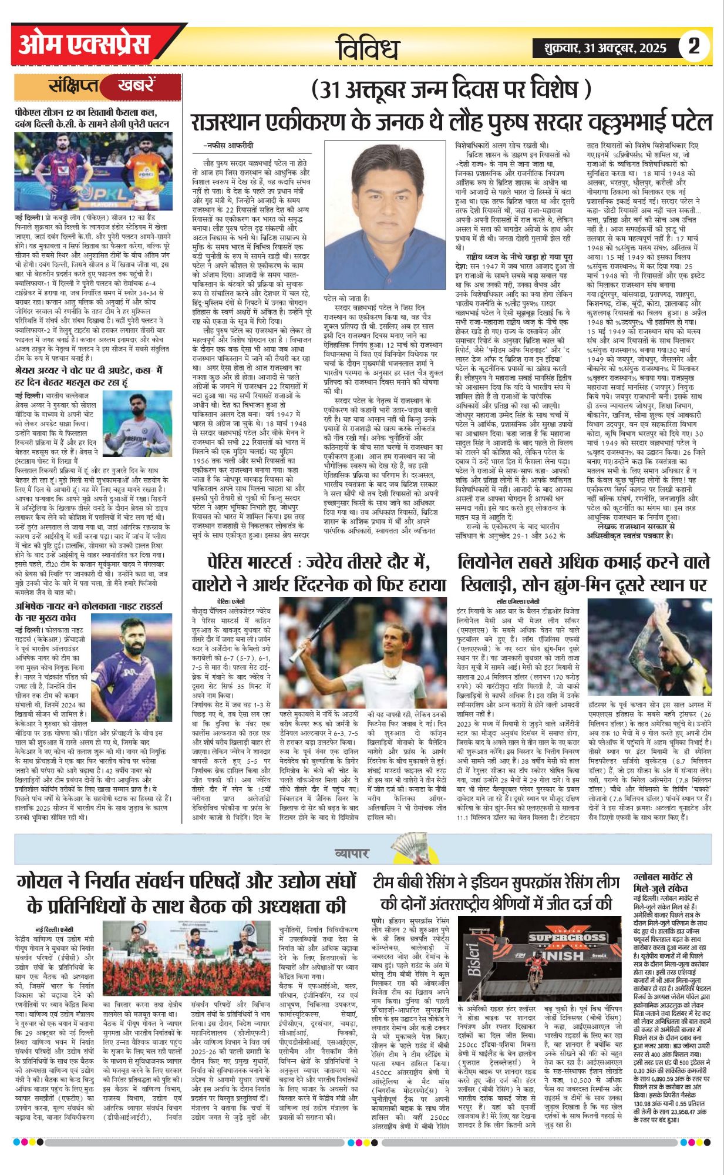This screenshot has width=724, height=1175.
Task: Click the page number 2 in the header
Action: click(x=693, y=46)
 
